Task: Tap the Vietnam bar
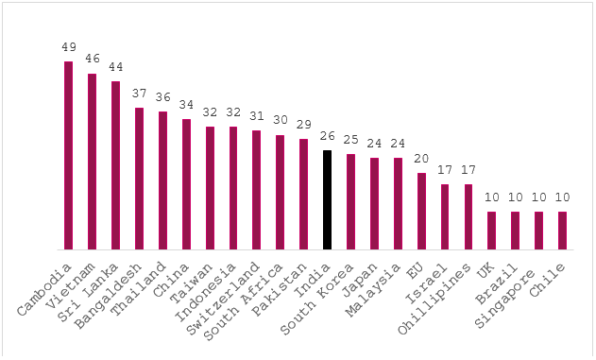tap(92, 162)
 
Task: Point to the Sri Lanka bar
tap(115, 165)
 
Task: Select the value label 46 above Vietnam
tap(92, 60)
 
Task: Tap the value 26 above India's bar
tap(327, 136)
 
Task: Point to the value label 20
tap(421, 159)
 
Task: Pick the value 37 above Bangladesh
tap(139, 94)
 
